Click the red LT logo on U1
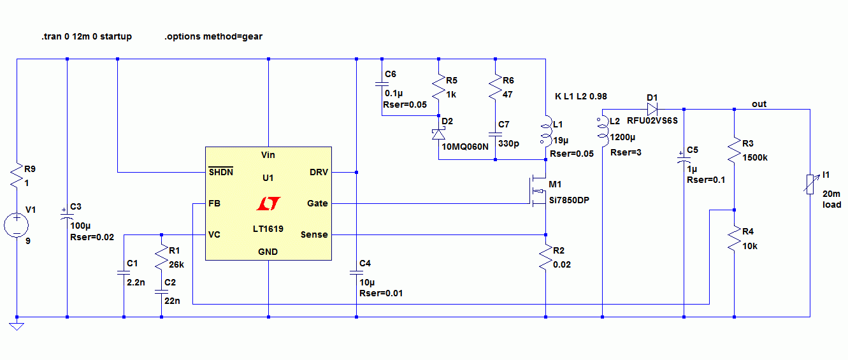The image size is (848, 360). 268,203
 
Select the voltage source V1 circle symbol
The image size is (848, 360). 17,225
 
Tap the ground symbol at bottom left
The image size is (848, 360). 17,326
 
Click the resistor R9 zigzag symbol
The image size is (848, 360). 17,175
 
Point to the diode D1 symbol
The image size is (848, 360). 652,110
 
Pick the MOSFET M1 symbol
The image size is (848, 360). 538,191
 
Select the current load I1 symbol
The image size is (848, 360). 810,184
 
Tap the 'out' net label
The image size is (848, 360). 759,104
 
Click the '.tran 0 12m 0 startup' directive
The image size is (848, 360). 87,37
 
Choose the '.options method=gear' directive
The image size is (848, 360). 213,37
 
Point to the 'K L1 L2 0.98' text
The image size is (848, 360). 580,96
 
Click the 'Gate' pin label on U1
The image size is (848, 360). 317,203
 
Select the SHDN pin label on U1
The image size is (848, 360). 220,172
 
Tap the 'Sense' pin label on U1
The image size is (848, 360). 314,234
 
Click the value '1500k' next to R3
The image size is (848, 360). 755,158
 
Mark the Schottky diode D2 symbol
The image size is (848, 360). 439,134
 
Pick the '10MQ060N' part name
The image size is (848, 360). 465,147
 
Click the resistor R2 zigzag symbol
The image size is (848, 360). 545,257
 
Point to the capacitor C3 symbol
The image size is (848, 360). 67,214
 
